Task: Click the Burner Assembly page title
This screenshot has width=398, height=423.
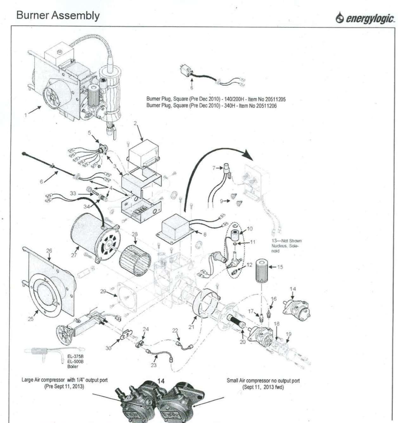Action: tap(58, 15)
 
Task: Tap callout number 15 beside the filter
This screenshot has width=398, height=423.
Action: tap(280, 267)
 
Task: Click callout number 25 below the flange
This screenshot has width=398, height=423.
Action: tap(30, 319)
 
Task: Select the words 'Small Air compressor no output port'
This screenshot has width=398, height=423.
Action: tap(263, 381)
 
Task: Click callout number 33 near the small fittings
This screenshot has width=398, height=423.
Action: tap(73, 193)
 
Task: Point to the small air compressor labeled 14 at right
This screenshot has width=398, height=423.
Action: tap(297, 305)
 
